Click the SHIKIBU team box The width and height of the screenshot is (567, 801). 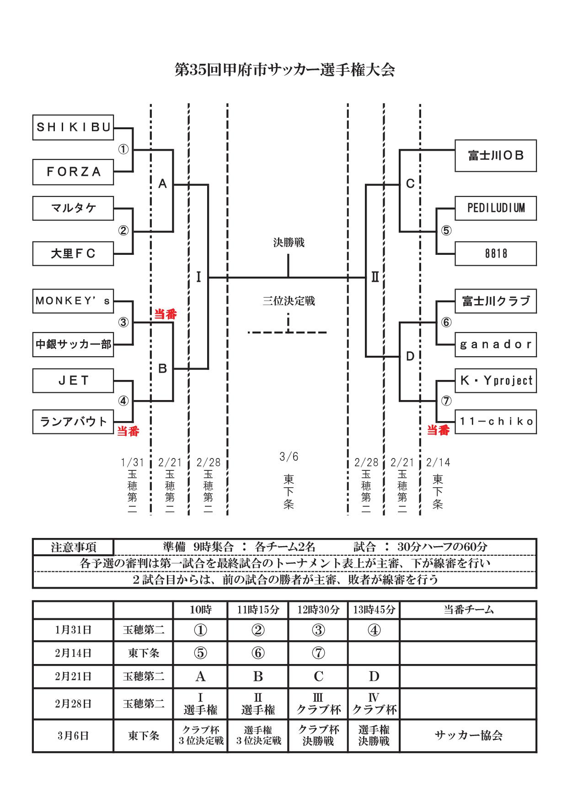point(73,127)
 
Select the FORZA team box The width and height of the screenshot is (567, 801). point(73,172)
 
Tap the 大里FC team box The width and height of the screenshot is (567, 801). point(73,253)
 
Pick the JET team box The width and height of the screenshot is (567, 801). point(73,380)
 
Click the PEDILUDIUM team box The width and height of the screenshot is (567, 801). point(496,208)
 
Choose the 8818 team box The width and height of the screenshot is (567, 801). point(496,253)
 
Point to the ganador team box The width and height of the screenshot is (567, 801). point(496,344)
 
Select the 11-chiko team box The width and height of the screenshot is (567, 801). point(496,422)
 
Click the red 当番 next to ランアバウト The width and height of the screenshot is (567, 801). point(128,431)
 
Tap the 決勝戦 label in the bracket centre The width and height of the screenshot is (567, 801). point(289,242)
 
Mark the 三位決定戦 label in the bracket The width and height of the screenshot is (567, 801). point(289,301)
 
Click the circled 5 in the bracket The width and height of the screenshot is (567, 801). point(446,231)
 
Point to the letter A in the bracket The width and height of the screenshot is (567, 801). point(162,184)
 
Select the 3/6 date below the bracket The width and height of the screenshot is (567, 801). point(289,457)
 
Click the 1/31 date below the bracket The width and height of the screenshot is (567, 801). point(132,463)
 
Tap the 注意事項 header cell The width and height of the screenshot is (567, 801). point(73,547)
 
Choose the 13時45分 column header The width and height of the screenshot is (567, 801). point(374,610)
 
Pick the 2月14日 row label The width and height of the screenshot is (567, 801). point(73,653)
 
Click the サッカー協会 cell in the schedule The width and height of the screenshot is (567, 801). point(468,735)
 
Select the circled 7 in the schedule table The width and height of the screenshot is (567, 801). point(318,653)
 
